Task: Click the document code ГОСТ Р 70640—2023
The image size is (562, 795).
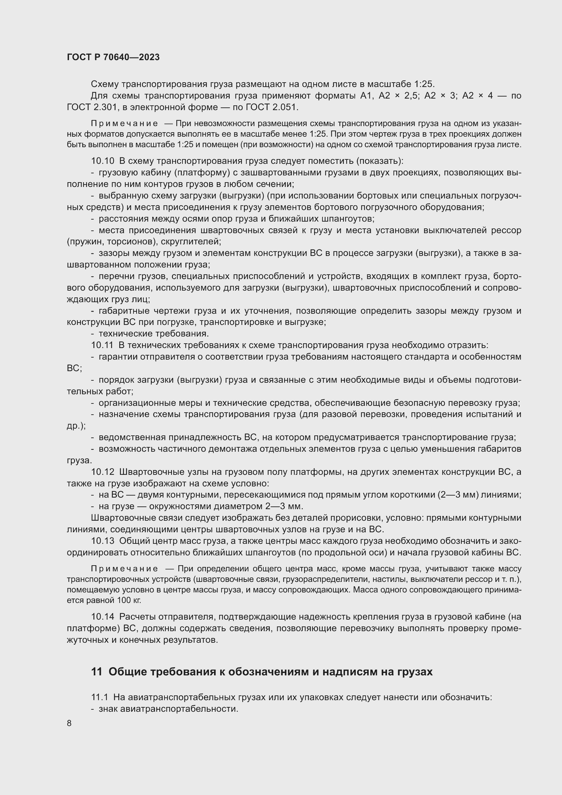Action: coord(113,57)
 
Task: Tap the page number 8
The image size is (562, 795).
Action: coord(69,723)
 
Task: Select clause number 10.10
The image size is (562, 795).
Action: coord(102,161)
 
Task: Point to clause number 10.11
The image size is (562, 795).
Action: coord(102,345)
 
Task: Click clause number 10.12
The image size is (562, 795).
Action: coord(102,472)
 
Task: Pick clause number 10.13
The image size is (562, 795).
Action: coord(102,541)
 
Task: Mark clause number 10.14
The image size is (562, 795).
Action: coord(102,617)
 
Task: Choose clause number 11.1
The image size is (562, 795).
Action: coord(100,697)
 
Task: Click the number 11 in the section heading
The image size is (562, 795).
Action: coord(96,672)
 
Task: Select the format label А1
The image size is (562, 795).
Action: coord(366,96)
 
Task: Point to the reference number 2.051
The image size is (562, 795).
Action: coord(284,107)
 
